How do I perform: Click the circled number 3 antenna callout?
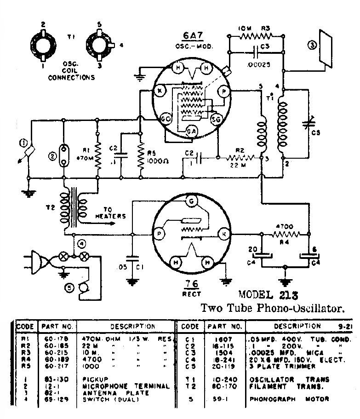coord(312,45)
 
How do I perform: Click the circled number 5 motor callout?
coord(69,288)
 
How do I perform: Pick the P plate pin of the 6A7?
coord(225,92)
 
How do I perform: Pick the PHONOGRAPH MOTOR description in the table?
coord(289,399)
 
